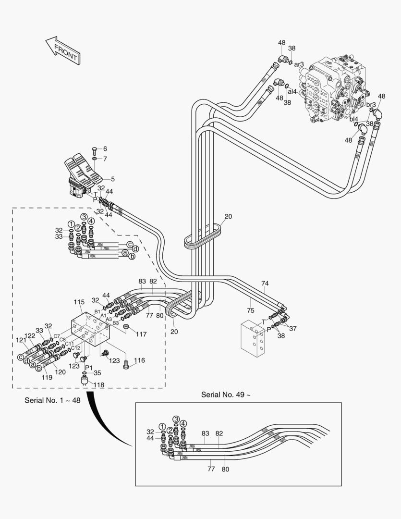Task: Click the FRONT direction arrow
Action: click(x=62, y=51)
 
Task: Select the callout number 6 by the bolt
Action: click(x=105, y=148)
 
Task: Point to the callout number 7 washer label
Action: click(x=105, y=159)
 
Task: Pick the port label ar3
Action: click(x=299, y=64)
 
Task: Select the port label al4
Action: click(x=292, y=91)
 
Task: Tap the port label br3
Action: click(x=371, y=104)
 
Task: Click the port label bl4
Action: click(x=353, y=119)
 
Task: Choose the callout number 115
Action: click(x=79, y=302)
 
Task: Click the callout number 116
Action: click(x=139, y=360)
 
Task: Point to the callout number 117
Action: click(x=141, y=334)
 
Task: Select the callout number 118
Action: click(x=98, y=384)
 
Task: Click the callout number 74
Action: click(x=265, y=283)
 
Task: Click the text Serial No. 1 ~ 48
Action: click(x=52, y=400)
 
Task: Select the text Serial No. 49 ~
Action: click(x=226, y=395)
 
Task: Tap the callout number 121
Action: click(x=20, y=340)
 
